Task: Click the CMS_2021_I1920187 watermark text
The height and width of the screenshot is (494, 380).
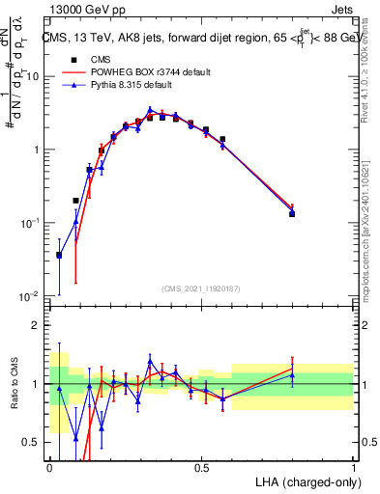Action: click(201, 288)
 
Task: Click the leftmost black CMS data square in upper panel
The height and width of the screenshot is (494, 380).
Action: click(60, 256)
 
